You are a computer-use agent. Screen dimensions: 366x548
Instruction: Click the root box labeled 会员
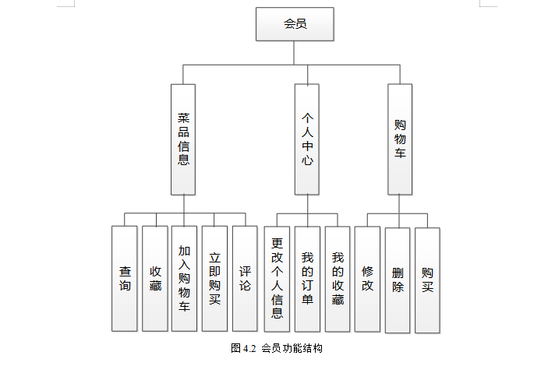pyautogui.click(x=295, y=24)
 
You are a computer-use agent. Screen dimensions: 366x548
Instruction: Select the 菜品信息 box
pyautogui.click(x=183, y=139)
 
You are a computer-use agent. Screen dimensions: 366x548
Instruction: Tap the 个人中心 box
pyautogui.click(x=307, y=139)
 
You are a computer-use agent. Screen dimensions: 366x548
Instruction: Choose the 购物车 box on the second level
pyautogui.click(x=400, y=139)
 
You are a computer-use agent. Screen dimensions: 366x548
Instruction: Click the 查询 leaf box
pyautogui.click(x=125, y=279)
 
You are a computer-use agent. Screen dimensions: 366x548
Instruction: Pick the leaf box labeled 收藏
pyautogui.click(x=155, y=279)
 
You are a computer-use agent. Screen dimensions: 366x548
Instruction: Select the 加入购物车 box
pyautogui.click(x=184, y=279)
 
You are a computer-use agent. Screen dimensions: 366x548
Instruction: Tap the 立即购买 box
pyautogui.click(x=214, y=279)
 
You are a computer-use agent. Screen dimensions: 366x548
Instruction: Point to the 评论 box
pyautogui.click(x=245, y=279)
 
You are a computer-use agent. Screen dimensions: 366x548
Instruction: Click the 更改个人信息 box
pyautogui.click(x=277, y=279)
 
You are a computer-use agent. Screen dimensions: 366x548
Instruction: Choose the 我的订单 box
pyautogui.click(x=307, y=279)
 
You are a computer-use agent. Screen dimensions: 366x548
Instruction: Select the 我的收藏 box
pyautogui.click(x=338, y=279)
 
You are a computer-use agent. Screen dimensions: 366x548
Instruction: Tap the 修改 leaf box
pyautogui.click(x=367, y=279)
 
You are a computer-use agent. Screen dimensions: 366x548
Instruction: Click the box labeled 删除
pyautogui.click(x=398, y=279)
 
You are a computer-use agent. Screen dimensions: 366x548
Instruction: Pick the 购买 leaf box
pyautogui.click(x=427, y=279)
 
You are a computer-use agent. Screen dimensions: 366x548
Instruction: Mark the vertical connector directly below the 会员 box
pyautogui.click(x=295, y=52)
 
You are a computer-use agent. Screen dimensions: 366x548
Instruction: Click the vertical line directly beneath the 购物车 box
pyautogui.click(x=400, y=203)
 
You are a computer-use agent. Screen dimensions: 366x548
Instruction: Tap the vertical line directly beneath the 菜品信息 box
pyautogui.click(x=184, y=204)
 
